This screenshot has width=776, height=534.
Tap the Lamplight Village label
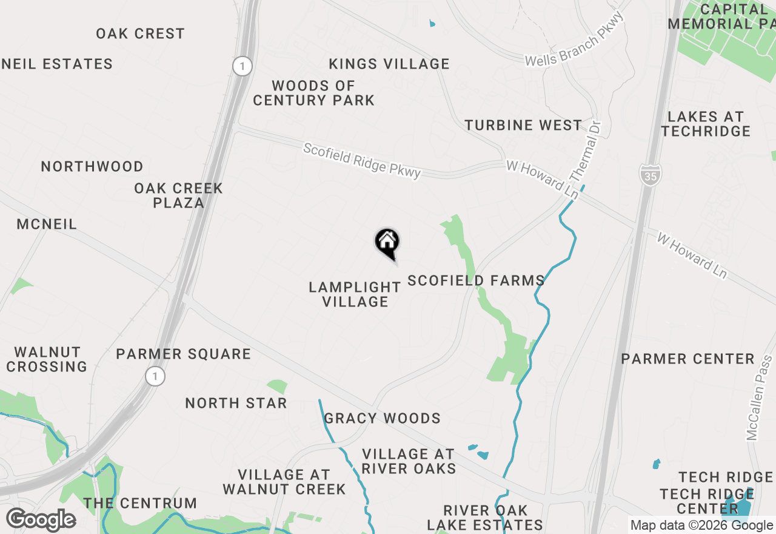(x=355, y=294)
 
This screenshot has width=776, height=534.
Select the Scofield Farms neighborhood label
(x=476, y=280)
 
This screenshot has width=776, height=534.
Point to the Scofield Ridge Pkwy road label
(x=362, y=161)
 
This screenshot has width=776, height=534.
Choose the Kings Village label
(x=389, y=64)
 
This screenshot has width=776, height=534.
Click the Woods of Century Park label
(x=313, y=93)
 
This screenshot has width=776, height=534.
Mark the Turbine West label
(x=523, y=126)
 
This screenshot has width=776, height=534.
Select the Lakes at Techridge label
(x=706, y=124)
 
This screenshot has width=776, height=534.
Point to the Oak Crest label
(x=140, y=33)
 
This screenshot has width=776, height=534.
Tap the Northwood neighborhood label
(x=92, y=166)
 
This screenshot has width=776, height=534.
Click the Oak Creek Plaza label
(x=178, y=195)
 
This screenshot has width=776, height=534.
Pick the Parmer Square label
(x=183, y=354)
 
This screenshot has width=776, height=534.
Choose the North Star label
(x=236, y=403)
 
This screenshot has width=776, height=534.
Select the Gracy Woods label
(x=382, y=418)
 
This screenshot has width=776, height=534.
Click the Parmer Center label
(x=687, y=359)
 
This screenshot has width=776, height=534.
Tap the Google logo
(x=41, y=520)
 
